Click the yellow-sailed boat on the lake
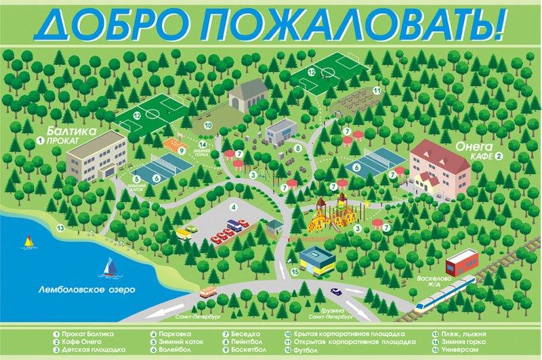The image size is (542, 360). click(x=28, y=241)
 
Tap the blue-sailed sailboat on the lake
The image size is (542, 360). click(x=108, y=268)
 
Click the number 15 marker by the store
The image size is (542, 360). click(x=295, y=272)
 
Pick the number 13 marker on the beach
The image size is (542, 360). click(x=60, y=228)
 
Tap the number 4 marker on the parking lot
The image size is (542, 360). click(x=234, y=207)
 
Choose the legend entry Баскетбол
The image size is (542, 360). click(x=246, y=351)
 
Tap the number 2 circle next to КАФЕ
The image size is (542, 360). click(x=499, y=156)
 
